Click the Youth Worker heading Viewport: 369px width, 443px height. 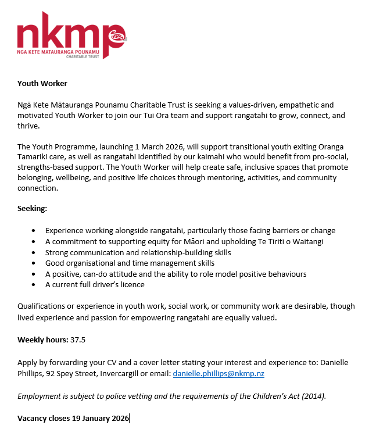click(42, 84)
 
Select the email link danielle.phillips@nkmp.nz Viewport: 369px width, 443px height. click(218, 374)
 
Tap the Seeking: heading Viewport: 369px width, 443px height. click(33, 208)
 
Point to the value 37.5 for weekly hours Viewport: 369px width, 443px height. click(78, 340)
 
